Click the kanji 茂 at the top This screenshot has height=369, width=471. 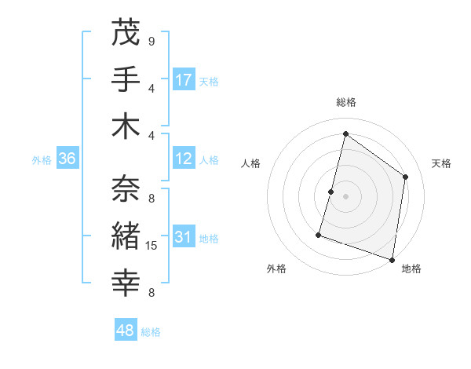coord(127,35)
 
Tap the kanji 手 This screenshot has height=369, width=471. coord(127,81)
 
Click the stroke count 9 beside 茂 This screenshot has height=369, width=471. coord(152,41)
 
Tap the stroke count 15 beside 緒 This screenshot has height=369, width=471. coord(152,246)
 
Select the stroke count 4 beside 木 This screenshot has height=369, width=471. coord(152,134)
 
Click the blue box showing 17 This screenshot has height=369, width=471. coord(184,80)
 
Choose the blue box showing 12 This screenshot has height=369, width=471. coord(184,159)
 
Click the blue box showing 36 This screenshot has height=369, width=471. coord(68,159)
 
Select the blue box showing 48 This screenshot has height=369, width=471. coord(126,331)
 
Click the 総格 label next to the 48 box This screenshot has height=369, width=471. coord(152,332)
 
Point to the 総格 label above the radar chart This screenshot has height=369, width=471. coord(345,102)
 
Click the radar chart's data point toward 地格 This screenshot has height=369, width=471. coord(392,259)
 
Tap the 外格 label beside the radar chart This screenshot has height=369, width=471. coord(276,269)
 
